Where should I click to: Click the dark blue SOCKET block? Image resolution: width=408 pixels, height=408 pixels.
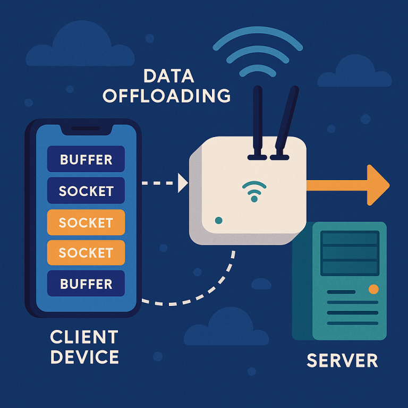pyautogui.click(x=86, y=191)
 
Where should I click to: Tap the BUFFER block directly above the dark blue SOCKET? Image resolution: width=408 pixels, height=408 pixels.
pyautogui.click(x=86, y=159)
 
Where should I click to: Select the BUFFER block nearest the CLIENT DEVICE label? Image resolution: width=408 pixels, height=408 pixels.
pyautogui.click(x=86, y=284)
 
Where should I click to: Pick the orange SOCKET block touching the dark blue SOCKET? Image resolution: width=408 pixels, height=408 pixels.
pyautogui.click(x=86, y=222)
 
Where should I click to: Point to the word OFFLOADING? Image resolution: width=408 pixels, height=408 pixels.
pyautogui.click(x=167, y=96)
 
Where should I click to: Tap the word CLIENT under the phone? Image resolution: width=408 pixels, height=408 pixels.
pyautogui.click(x=84, y=337)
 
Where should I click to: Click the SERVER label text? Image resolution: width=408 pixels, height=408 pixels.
pyautogui.click(x=342, y=360)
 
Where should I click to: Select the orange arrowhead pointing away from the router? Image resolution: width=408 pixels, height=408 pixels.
pyautogui.click(x=378, y=185)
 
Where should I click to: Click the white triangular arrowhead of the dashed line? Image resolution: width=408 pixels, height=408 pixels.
pyautogui.click(x=183, y=183)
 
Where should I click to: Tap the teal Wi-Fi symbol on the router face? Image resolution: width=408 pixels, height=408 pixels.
pyautogui.click(x=253, y=190)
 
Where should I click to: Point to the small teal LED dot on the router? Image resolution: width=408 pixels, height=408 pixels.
pyautogui.click(x=218, y=220)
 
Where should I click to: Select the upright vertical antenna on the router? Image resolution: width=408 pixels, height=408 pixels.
pyautogui.click(x=257, y=121)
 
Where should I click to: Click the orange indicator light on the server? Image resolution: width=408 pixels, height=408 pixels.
pyautogui.click(x=373, y=289)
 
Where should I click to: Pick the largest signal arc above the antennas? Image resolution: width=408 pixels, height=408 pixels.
pyautogui.click(x=259, y=38)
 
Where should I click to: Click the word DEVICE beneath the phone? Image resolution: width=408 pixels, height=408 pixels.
pyautogui.click(x=84, y=356)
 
